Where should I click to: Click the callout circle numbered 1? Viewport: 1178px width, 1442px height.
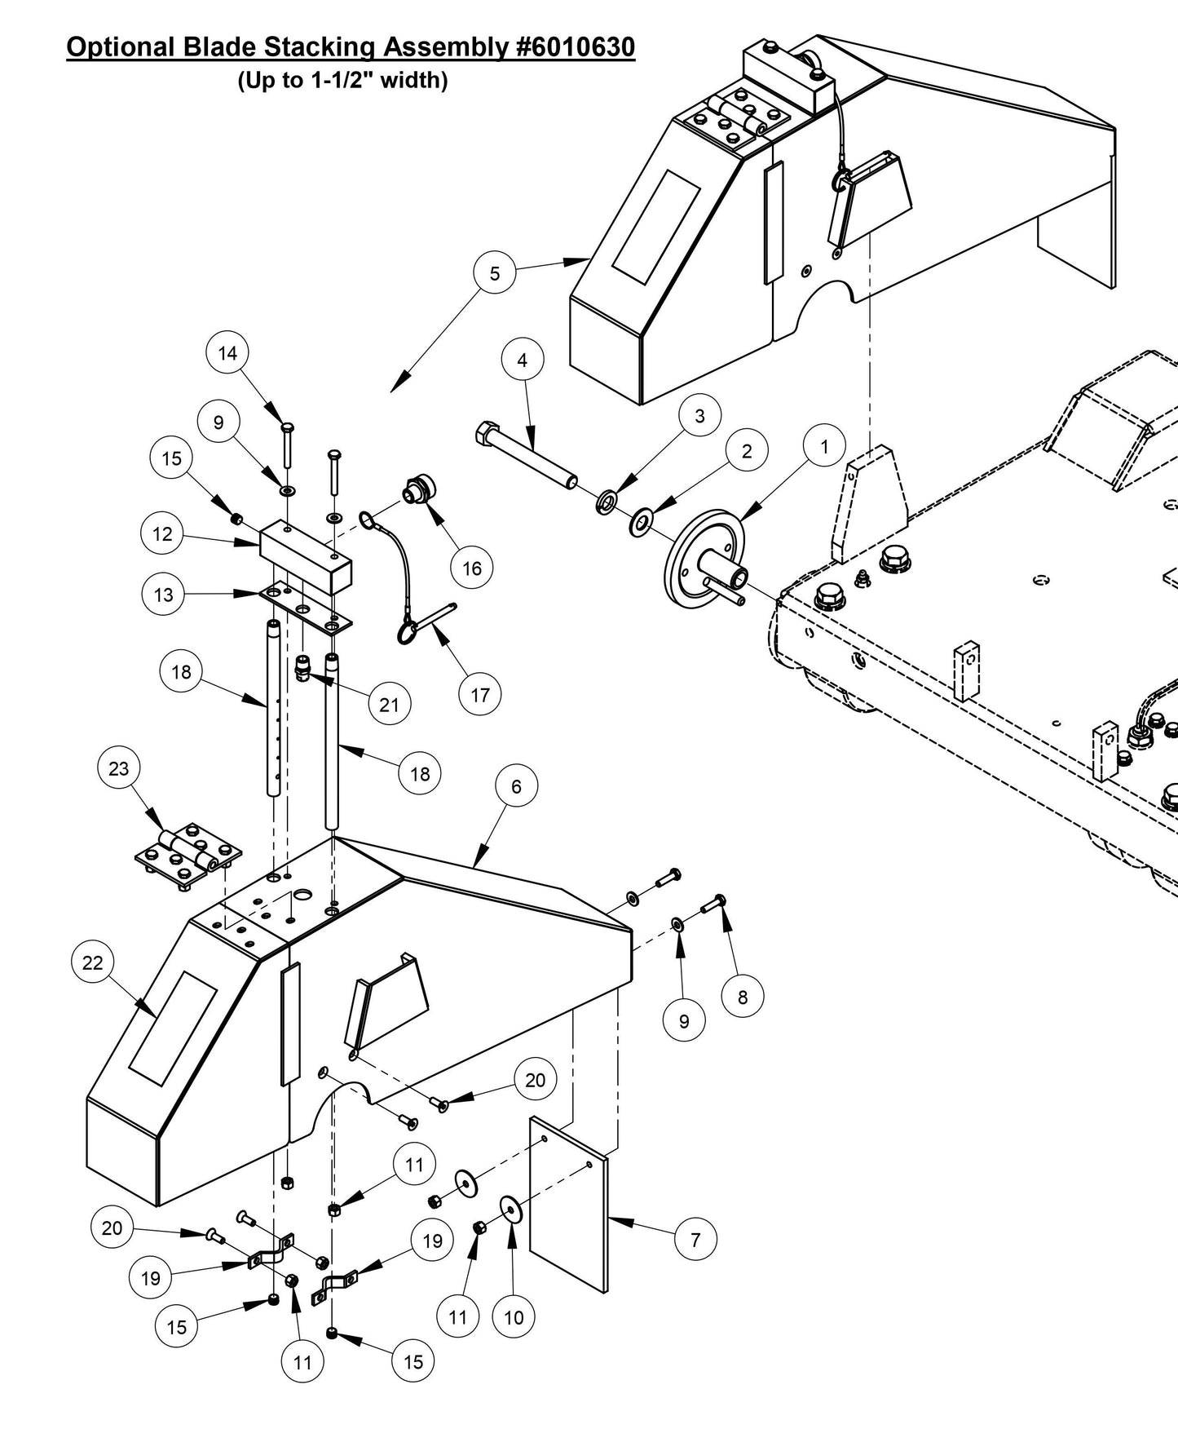pos(824,446)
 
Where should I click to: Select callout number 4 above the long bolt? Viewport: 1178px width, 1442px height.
pos(523,360)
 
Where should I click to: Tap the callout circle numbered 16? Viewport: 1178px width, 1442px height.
pos(472,568)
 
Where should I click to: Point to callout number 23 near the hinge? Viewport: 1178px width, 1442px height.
pos(119,768)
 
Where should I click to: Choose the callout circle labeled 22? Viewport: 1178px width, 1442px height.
pos(93,962)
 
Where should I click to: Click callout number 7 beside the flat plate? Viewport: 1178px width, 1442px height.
pos(695,1240)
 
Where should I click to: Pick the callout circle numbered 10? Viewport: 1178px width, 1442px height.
pos(514,1317)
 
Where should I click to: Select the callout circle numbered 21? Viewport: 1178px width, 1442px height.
pos(389,704)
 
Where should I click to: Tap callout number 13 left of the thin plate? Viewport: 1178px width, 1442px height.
pos(164,595)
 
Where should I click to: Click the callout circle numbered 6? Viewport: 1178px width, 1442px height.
pos(516,786)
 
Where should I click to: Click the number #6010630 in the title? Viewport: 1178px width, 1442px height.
pos(576,47)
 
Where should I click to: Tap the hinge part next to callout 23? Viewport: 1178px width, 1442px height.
pos(189,857)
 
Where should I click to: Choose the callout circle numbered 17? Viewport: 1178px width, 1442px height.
pos(480,694)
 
